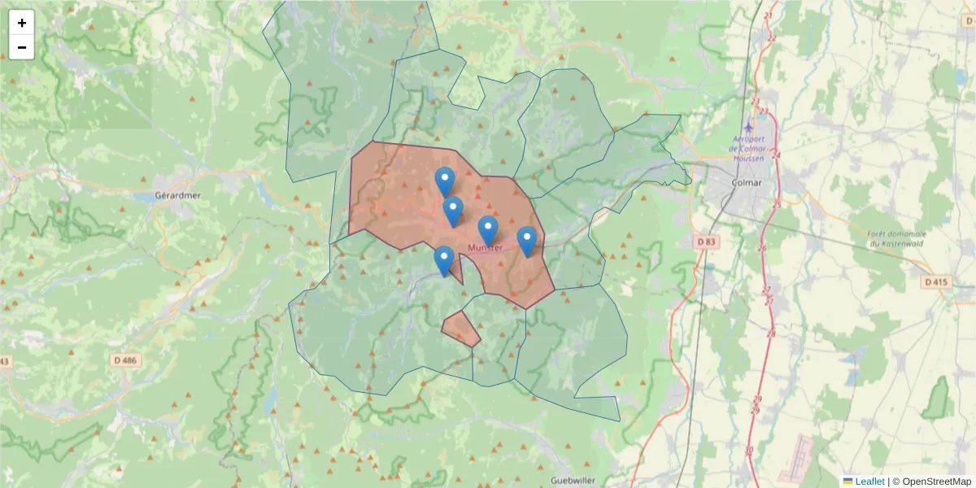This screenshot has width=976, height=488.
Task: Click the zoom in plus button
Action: pos(22,23)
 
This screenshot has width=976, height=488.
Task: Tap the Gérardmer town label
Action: pos(177,196)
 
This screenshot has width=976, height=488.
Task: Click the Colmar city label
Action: pos(747,182)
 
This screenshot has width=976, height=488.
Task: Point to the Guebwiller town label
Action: pos(573,480)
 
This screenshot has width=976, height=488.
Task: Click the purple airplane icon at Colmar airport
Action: pos(748,129)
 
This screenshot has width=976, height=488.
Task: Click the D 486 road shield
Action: pos(124,359)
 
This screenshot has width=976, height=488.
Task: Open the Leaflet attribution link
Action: pos(869,481)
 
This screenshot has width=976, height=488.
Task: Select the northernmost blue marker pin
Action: pos(444,181)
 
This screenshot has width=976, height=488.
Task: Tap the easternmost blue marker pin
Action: pos(527,241)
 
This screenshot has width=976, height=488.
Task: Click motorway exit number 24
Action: pos(776,155)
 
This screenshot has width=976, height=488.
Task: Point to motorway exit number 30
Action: pos(748,450)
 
